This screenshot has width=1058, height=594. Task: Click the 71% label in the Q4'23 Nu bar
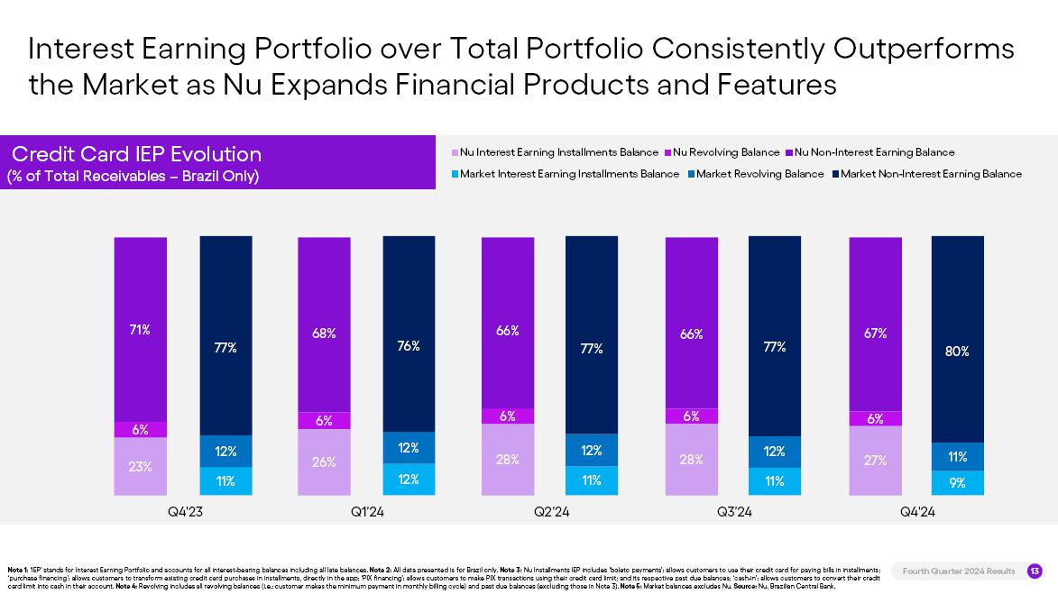click(x=140, y=330)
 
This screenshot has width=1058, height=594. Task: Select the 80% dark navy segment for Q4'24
click(x=957, y=352)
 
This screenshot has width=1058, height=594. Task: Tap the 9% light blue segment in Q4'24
click(x=957, y=483)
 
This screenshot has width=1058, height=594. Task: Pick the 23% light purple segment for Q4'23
click(x=140, y=466)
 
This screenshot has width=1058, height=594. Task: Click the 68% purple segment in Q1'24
click(x=324, y=334)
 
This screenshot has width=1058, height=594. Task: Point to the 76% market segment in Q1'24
click(x=409, y=345)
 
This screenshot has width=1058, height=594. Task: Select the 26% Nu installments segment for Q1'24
click(x=324, y=461)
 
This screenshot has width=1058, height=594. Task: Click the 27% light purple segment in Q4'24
click(x=875, y=460)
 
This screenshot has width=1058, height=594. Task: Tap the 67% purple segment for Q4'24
click(x=875, y=333)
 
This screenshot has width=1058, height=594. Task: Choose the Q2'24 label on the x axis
click(x=551, y=512)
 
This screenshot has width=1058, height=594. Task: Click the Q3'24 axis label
click(x=734, y=512)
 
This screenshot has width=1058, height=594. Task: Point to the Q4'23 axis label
click(x=185, y=512)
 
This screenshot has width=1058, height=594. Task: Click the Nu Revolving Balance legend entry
click(x=726, y=152)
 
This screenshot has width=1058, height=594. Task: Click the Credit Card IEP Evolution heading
click(x=136, y=154)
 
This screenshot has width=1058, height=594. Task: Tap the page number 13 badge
click(x=1035, y=571)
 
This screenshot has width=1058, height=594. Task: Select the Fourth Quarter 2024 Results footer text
click(x=958, y=571)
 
